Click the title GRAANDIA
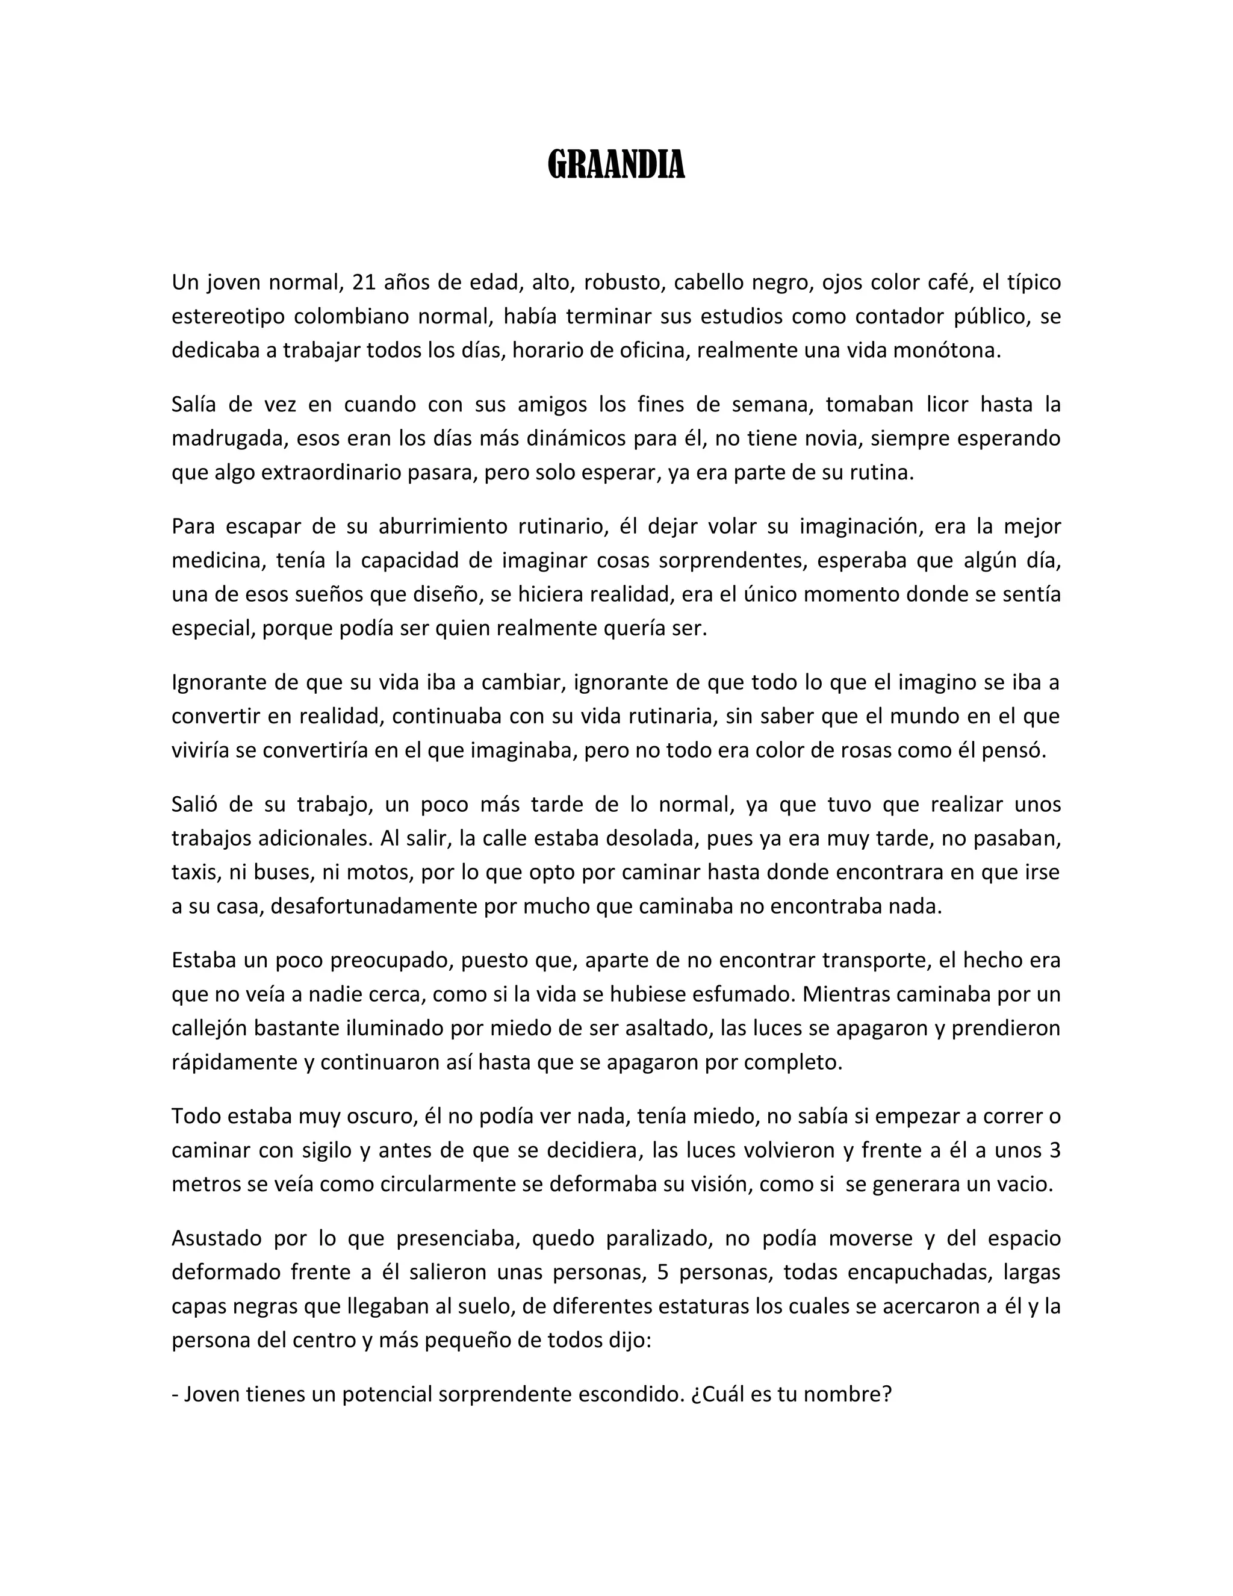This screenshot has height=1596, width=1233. coord(616,164)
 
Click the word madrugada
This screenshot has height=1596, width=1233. coord(222,438)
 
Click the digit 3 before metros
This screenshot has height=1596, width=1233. coord(1054,1150)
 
